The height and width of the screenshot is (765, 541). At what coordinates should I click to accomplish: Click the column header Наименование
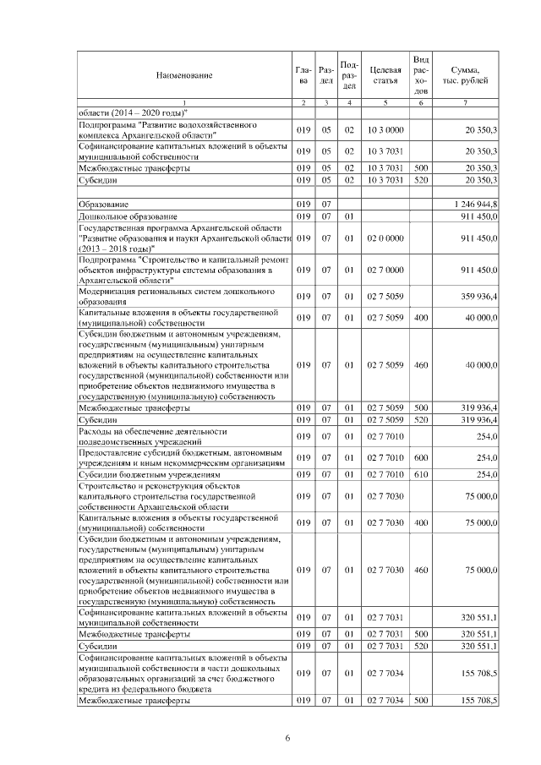coord(183,76)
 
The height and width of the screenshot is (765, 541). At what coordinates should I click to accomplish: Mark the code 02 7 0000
coord(385,269)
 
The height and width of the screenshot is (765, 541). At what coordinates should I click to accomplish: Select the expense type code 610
coord(421,475)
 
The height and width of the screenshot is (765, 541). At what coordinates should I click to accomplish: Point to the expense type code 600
coord(421,458)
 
